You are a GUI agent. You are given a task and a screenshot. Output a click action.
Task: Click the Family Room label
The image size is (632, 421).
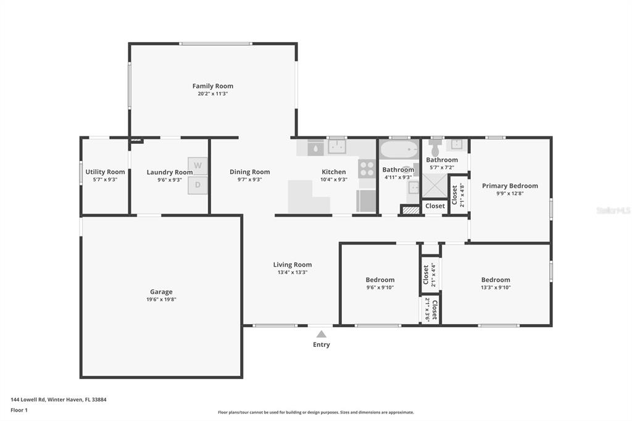point(212,86)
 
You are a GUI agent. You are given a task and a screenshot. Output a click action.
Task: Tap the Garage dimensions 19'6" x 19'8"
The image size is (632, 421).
point(161,299)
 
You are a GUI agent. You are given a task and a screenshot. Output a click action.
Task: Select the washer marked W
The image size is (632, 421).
point(197,165)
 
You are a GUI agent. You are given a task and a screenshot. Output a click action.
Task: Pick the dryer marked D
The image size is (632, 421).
point(197,185)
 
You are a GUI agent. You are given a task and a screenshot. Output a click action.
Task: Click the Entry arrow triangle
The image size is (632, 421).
point(321,335)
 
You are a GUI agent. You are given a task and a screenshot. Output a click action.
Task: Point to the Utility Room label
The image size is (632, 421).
point(105,172)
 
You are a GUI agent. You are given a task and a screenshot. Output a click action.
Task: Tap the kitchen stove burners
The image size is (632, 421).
point(367,169)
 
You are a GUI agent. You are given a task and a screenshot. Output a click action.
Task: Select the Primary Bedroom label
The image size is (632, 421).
point(510,186)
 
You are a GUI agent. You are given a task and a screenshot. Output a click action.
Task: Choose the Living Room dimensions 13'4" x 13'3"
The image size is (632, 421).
point(293,272)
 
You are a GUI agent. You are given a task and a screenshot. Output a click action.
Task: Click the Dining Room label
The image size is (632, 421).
point(250,172)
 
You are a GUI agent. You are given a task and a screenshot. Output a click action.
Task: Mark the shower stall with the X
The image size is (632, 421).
point(434,186)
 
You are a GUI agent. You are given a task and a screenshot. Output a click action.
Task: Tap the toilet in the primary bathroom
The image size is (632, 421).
point(434,148)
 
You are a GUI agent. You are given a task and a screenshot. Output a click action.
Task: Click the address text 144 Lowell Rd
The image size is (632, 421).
point(28,399)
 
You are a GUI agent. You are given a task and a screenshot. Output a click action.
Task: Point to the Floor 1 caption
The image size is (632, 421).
point(19,410)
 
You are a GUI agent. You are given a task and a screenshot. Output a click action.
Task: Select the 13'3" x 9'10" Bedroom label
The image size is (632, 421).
point(496,280)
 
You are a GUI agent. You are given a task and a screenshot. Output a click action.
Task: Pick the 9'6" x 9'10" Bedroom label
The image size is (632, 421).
point(380,280)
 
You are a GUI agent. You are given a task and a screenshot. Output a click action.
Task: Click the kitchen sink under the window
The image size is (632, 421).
point(337,147)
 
